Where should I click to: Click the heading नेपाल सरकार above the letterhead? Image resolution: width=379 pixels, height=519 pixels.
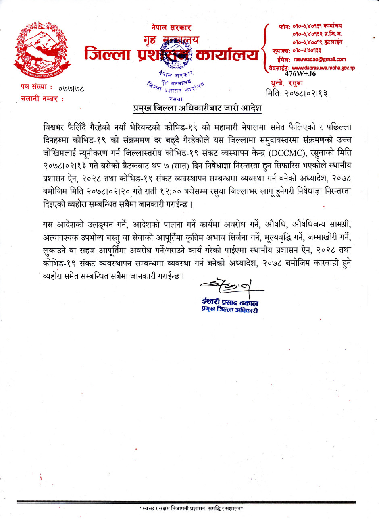(x=171, y=28)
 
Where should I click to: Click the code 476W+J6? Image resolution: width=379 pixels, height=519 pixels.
(x=300, y=73)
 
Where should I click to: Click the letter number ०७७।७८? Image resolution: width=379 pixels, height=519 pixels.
(x=70, y=88)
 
